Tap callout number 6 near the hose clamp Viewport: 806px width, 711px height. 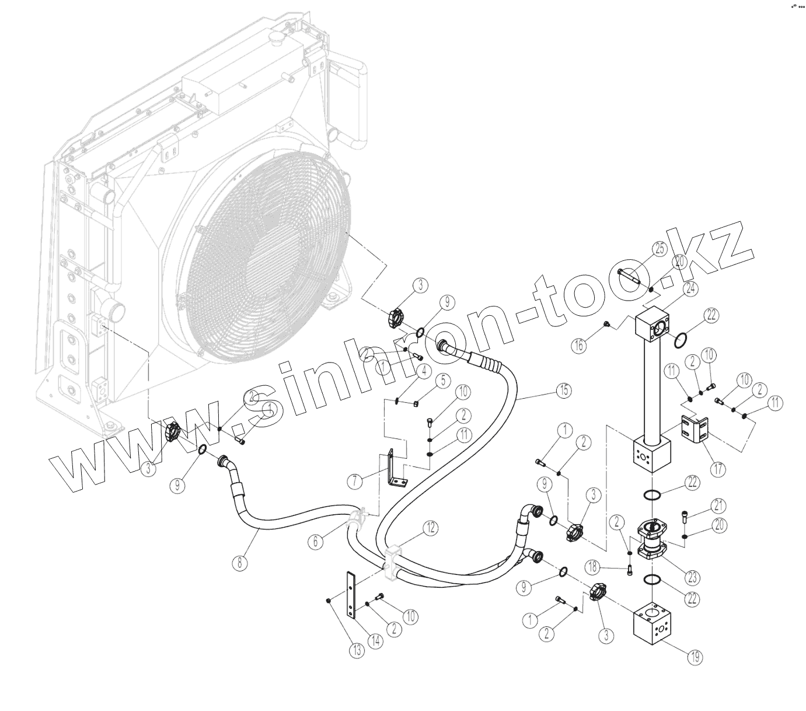(x=316, y=541)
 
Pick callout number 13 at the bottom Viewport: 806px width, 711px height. (x=357, y=650)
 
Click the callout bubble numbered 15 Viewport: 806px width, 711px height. (x=563, y=391)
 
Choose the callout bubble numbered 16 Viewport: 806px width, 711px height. (x=578, y=346)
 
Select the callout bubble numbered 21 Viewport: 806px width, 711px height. (x=717, y=505)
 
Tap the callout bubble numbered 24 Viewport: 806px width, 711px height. (x=692, y=288)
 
